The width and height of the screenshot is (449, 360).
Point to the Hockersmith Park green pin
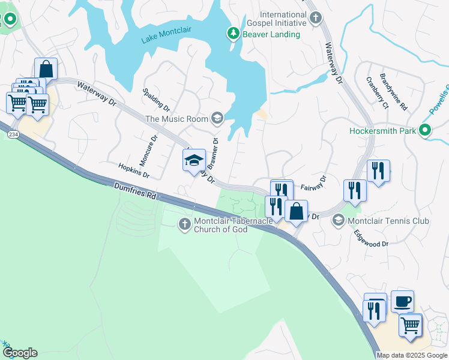point(426,130)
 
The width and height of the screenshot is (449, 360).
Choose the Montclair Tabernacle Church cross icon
point(184,224)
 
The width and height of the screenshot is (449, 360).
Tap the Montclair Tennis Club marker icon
point(338,221)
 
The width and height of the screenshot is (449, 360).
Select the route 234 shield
point(12,136)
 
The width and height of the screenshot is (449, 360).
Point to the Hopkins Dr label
point(133,171)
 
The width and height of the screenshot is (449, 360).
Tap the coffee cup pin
point(402,300)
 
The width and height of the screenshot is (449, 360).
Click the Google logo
point(20,353)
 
